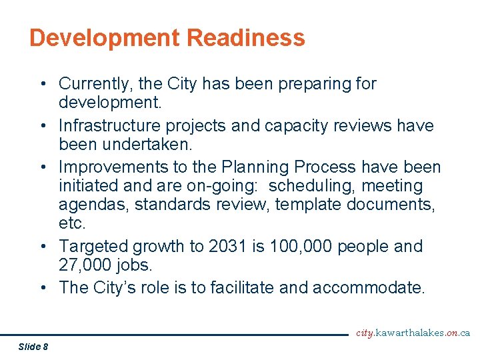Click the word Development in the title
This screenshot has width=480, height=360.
tap(105, 37)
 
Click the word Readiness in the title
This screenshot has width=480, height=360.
tap(246, 37)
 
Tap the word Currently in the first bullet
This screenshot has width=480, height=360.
tap(94, 84)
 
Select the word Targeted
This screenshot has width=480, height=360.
tap(93, 247)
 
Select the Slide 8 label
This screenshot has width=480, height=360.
tap(33, 346)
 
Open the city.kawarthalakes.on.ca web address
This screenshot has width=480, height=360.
tap(413, 333)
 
